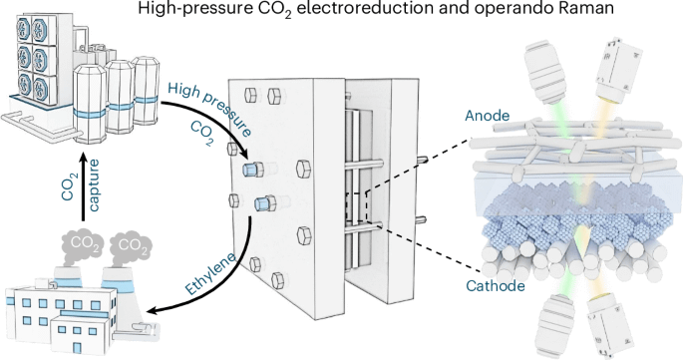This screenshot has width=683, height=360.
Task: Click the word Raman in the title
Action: (x=589, y=8)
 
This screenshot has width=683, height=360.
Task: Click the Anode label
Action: (x=487, y=116)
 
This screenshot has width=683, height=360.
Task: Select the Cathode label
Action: (x=496, y=286)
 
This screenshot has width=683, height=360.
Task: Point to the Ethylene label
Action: (x=210, y=273)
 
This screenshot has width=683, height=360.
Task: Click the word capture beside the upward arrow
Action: (x=94, y=185)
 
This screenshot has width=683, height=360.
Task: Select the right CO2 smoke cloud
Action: (x=131, y=245)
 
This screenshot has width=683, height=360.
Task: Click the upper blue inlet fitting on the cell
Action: (x=252, y=170)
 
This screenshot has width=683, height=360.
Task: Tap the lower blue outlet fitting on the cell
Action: (x=265, y=203)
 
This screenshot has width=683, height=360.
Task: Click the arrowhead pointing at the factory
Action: (x=154, y=310)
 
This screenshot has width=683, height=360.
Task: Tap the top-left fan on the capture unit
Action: (x=23, y=26)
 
